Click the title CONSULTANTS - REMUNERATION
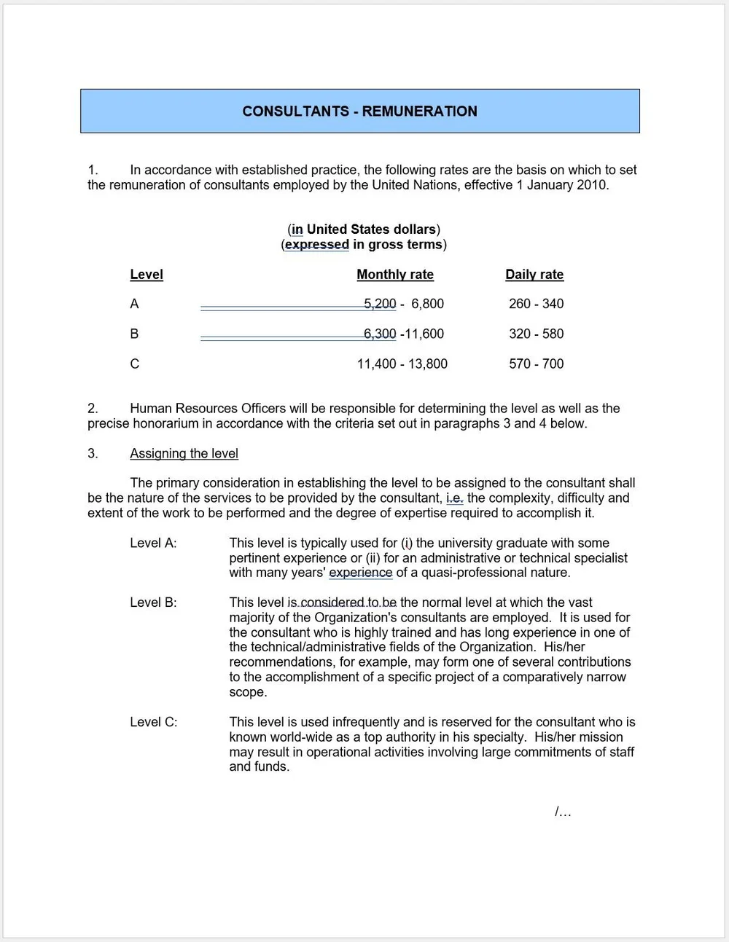tap(359, 111)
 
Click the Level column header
tap(147, 275)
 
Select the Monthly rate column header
tap(395, 275)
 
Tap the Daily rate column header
tap(534, 275)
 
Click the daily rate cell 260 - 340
tap(536, 304)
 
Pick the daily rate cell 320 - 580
tap(536, 334)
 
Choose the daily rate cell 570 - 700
tap(536, 364)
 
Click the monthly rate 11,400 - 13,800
tap(402, 364)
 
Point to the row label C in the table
tap(134, 364)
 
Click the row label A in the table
tap(134, 304)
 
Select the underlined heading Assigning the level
tap(184, 454)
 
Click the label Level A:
tap(153, 543)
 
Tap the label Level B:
tap(153, 603)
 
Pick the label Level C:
tap(153, 722)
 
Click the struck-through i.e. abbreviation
tap(454, 498)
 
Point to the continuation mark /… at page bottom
tap(562, 812)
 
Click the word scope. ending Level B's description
tap(248, 692)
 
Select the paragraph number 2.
tap(93, 409)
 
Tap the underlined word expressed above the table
tap(316, 245)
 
